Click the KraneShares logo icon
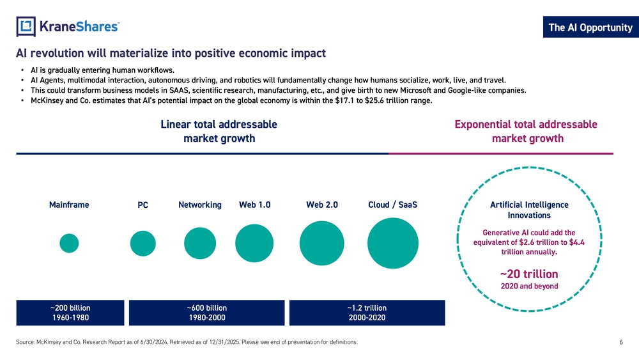[x=26, y=26]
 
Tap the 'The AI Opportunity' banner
[x=590, y=27]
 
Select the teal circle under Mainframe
[x=69, y=243]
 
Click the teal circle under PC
[x=142, y=243]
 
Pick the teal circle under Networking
[x=200, y=243]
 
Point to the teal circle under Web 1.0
[x=254, y=244]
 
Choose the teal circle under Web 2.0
[x=322, y=243]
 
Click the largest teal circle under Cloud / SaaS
[x=393, y=243]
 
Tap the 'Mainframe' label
[x=69, y=205]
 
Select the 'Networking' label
[x=200, y=205]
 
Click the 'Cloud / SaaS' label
[x=393, y=205]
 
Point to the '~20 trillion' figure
[x=528, y=274]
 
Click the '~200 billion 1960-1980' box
[x=70, y=313]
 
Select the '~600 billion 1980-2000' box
[x=206, y=313]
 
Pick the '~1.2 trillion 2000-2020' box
[x=367, y=313]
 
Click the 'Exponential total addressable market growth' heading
[x=526, y=131]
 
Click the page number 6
[x=621, y=343]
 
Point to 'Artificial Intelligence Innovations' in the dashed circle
[x=528, y=210]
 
